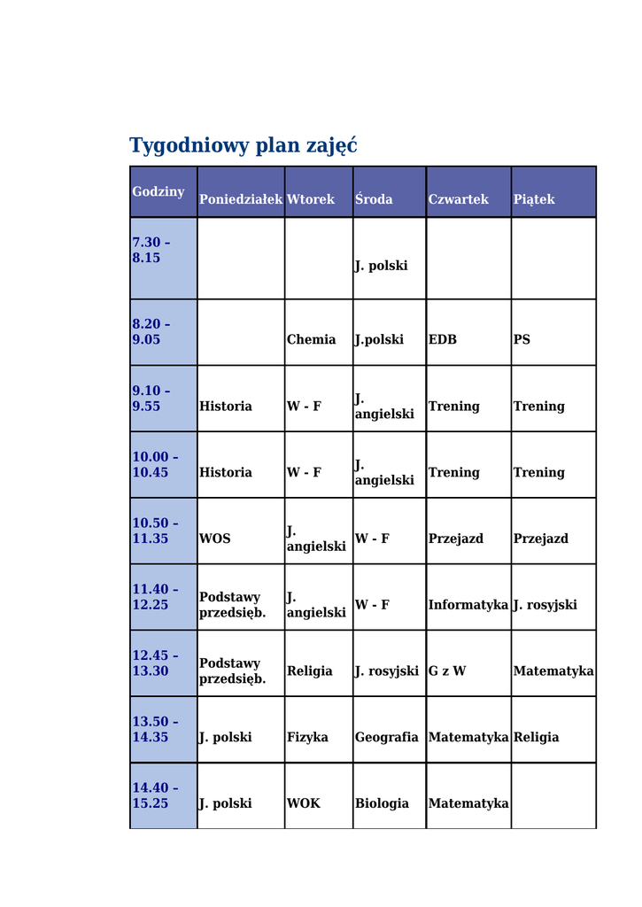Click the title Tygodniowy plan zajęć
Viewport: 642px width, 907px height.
point(243,145)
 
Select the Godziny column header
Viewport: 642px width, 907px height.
point(159,191)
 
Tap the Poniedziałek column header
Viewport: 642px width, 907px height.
point(240,199)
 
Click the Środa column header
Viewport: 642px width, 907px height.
point(374,199)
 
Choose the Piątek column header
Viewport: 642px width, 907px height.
point(534,199)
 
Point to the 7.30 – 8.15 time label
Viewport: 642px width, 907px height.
point(151,250)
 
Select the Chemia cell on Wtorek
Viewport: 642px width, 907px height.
point(311,339)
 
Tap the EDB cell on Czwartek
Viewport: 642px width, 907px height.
point(443,339)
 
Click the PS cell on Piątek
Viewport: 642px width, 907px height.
point(522,339)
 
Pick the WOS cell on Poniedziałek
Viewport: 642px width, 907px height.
point(214,539)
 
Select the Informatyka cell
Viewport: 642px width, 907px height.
point(468,605)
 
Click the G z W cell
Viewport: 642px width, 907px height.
point(447,671)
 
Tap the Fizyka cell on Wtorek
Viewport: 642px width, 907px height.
point(307,737)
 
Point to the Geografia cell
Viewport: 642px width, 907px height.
point(386,737)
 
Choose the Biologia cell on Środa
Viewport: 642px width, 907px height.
point(382,803)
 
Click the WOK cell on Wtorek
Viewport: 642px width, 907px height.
point(303,803)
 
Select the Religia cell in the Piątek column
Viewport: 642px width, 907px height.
point(536,737)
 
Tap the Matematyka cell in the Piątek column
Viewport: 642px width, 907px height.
point(553,671)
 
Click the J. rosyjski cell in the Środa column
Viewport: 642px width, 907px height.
point(386,671)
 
